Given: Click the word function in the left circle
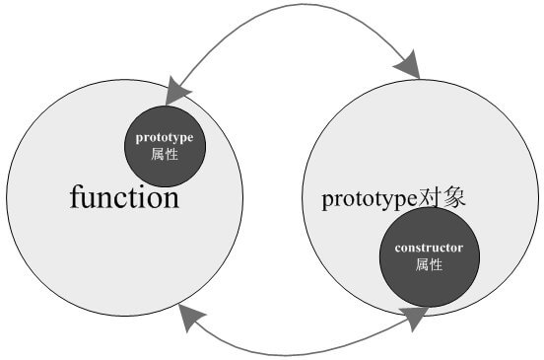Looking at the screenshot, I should coord(124,197).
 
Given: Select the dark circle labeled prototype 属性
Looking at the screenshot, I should coord(165,146).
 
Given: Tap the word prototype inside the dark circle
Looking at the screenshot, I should coord(165,137).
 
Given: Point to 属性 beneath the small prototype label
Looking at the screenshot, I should coord(165,154).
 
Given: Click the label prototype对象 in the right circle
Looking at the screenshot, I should coord(393,198).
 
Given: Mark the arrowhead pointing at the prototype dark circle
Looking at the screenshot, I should coord(178,92).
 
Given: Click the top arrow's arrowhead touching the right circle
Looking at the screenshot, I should coord(407,68).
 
